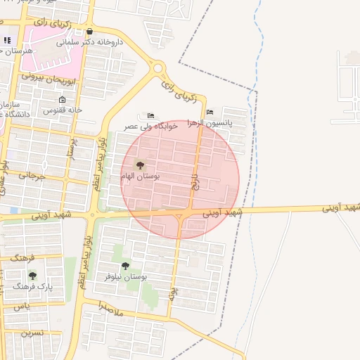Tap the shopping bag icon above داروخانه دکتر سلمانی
(89, 32)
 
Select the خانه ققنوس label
(63, 110)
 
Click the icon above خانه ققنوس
(63, 100)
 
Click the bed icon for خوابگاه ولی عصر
(151, 115)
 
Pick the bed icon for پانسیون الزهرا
(210, 112)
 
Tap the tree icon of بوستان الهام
(140, 165)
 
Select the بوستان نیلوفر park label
(125, 277)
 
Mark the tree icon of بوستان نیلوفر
(125, 266)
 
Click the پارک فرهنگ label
(32, 287)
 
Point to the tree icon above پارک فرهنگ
(32, 276)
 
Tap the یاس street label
(22, 307)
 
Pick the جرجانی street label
(32, 176)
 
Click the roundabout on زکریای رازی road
(158, 69)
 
